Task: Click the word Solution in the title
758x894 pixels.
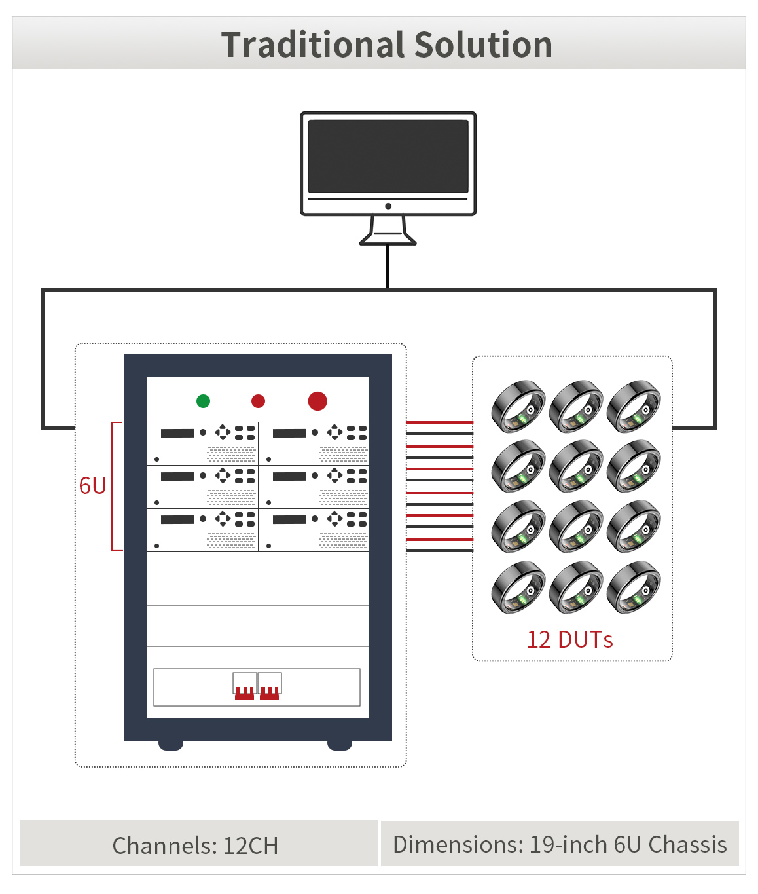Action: [483, 45]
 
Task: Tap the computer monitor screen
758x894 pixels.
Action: [388, 156]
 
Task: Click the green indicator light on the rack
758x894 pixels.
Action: [203, 401]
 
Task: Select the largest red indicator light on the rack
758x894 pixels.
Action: [317, 401]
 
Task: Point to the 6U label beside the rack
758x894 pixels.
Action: [92, 486]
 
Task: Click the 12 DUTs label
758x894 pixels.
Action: [570, 640]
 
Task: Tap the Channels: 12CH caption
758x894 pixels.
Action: [195, 846]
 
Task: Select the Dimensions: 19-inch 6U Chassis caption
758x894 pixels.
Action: [560, 845]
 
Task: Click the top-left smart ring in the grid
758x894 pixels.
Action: [518, 407]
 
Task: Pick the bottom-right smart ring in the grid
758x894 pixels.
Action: [634, 587]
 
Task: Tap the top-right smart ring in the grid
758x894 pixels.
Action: [634, 407]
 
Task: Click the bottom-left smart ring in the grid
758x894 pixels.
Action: [518, 587]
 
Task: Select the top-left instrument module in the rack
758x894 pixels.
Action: [203, 443]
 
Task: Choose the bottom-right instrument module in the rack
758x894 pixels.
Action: [314, 530]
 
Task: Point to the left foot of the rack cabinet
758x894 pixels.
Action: [171, 745]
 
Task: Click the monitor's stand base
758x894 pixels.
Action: [388, 240]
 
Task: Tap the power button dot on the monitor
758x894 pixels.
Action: [388, 206]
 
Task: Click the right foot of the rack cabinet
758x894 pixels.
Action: [340, 745]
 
